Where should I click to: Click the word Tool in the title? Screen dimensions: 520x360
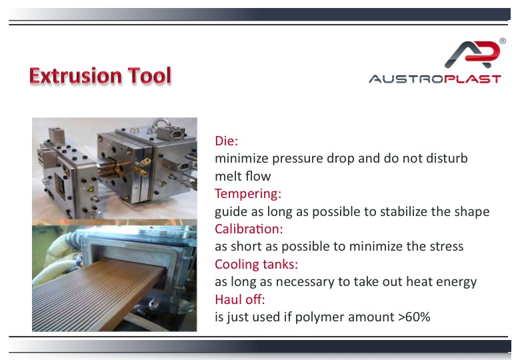coord(149,75)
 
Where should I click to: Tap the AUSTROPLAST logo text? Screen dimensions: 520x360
coord(435,79)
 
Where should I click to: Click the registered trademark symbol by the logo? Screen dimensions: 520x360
coord(503,41)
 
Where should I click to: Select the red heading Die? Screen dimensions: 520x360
coord(227,141)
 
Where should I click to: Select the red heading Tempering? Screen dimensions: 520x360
coord(248,193)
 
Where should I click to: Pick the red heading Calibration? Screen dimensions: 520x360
coord(249,229)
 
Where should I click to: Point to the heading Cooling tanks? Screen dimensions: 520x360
coord(257,264)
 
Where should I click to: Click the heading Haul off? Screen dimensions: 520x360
coord(240,299)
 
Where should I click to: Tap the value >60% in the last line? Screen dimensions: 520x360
coord(414,317)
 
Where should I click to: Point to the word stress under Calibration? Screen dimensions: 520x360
coord(447,247)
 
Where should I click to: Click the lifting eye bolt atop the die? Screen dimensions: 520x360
coord(159,124)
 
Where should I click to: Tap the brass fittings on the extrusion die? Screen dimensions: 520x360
coord(141,167)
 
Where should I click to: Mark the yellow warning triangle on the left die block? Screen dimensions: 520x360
coord(90,189)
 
